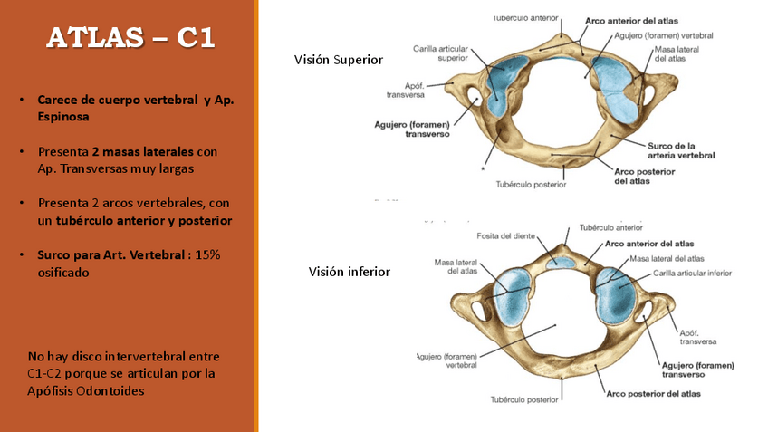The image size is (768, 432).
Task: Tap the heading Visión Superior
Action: (338, 60)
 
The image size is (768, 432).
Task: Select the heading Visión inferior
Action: (349, 272)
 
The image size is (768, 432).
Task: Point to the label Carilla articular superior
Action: (440, 53)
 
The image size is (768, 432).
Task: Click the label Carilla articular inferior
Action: (694, 273)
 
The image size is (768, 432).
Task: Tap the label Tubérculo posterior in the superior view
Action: (531, 185)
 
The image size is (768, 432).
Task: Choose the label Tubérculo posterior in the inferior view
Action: (525, 398)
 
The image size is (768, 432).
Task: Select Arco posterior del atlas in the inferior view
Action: (652, 394)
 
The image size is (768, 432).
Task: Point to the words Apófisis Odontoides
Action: (86, 390)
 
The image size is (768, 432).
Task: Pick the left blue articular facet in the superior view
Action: (499, 87)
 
